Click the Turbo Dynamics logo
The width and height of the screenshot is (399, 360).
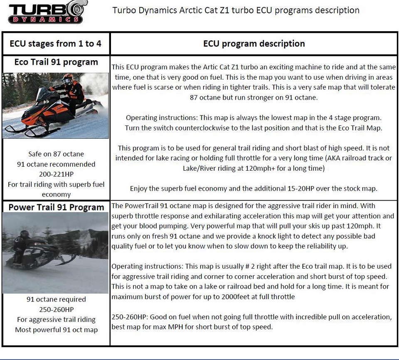tap(45, 12)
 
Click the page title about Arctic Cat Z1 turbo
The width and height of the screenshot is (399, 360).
tap(236, 10)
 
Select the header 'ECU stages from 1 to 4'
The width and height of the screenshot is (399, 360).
tap(55, 44)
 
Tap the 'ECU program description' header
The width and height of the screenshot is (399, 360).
tap(254, 44)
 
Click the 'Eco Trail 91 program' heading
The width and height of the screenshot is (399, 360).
tap(56, 62)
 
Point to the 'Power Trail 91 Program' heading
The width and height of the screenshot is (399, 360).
tap(56, 207)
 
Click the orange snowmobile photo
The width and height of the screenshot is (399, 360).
tap(55, 105)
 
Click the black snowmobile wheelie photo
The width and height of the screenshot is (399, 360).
tap(55, 252)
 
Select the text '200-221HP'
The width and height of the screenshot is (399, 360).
tap(56, 174)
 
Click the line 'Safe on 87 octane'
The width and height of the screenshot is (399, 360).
tap(56, 154)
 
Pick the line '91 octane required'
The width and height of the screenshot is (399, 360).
tap(56, 299)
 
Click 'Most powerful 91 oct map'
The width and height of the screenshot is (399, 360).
tap(56, 330)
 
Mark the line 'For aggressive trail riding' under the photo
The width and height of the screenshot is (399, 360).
tap(56, 320)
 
